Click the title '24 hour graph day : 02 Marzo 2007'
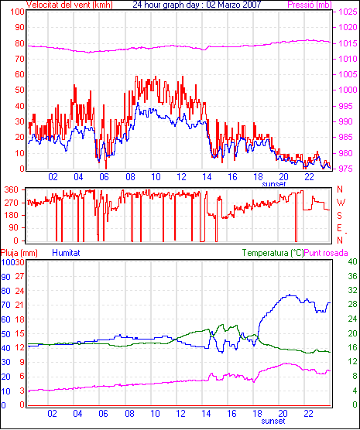(x=197, y=5)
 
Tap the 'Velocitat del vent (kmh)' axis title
(x=70, y=5)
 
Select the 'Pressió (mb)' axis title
(x=310, y=5)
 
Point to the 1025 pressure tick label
(x=348, y=12)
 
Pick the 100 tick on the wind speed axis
(x=17, y=12)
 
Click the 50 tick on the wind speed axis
(x=19, y=90)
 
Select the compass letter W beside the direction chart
(x=341, y=203)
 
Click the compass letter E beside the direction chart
(x=339, y=228)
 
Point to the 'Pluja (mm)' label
(x=19, y=253)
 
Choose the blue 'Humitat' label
(x=66, y=253)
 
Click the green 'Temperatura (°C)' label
(x=273, y=253)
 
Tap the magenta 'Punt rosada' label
(x=326, y=253)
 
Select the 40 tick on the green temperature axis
(x=352, y=261)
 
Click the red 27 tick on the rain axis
(x=19, y=276)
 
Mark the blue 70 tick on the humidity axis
(x=5, y=305)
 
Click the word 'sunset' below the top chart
(x=274, y=184)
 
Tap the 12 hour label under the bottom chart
(x=180, y=413)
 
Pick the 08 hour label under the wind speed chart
(x=130, y=177)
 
